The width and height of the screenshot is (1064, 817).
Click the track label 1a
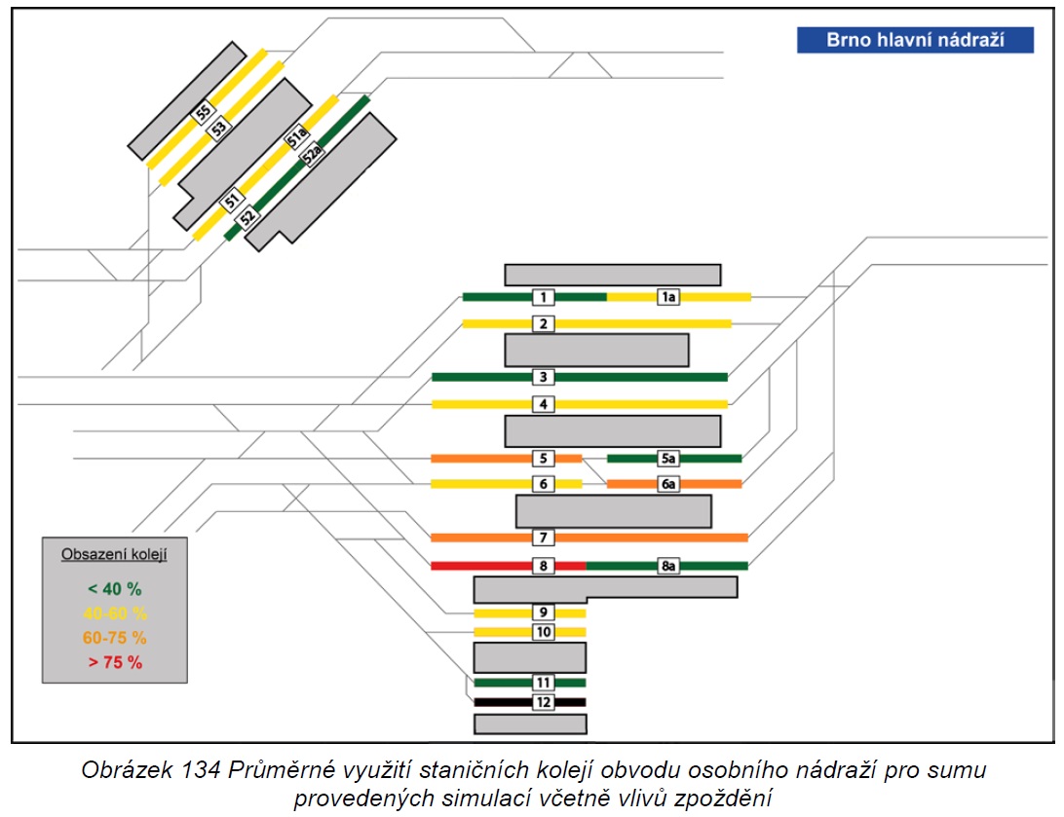click(668, 297)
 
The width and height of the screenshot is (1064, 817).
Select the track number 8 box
click(543, 566)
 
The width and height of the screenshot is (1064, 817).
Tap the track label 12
click(543, 702)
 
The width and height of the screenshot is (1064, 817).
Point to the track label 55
click(203, 112)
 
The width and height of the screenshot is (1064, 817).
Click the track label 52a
click(312, 155)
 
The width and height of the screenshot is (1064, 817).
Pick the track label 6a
click(668, 484)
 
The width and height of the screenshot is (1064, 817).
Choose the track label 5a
click(668, 459)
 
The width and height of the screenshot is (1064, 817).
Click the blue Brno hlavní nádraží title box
click(915, 40)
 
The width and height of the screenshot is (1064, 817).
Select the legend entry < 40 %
click(115, 589)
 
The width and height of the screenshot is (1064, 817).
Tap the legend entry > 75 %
click(115, 662)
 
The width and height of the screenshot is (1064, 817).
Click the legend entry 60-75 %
click(115, 638)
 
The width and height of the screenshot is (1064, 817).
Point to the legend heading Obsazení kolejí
click(114, 555)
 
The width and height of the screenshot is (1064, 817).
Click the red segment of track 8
click(509, 566)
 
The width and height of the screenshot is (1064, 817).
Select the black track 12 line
click(530, 702)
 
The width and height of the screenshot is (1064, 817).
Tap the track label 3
click(543, 377)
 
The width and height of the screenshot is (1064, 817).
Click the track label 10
click(543, 632)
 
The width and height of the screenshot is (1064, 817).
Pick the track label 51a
click(296, 137)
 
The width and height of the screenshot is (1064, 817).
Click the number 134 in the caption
click(200, 770)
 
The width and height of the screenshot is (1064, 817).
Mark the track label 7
click(543, 538)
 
